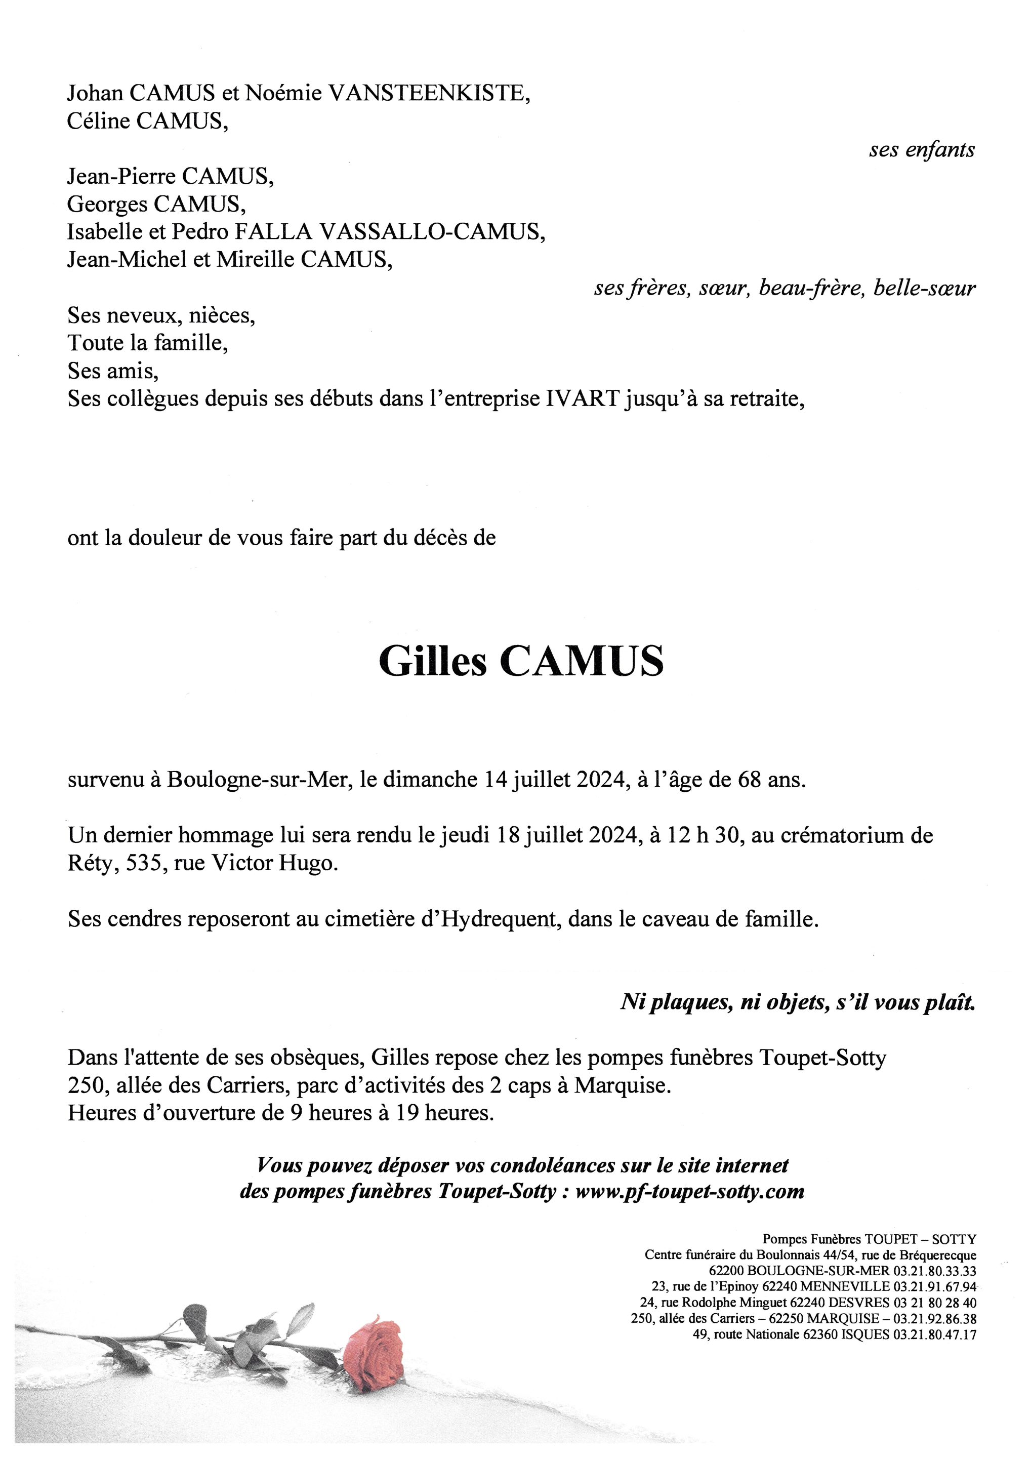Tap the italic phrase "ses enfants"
(922, 150)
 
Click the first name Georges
(105, 205)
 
